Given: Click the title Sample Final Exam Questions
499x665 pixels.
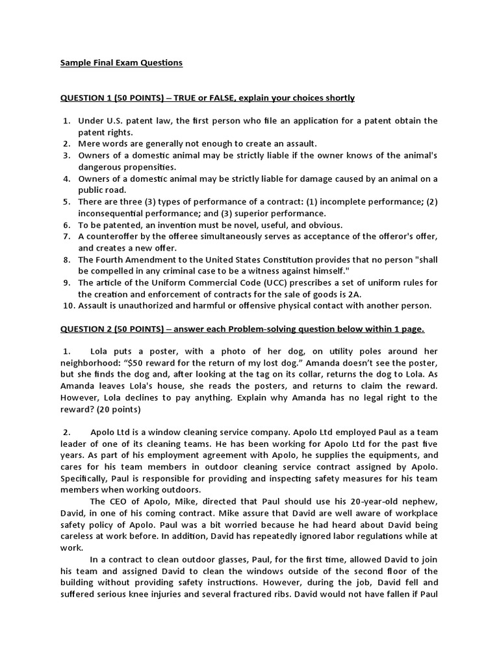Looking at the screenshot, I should (122, 63).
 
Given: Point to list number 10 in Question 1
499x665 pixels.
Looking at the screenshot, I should (68, 305).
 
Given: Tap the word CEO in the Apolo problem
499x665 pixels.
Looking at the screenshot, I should (116, 501).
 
